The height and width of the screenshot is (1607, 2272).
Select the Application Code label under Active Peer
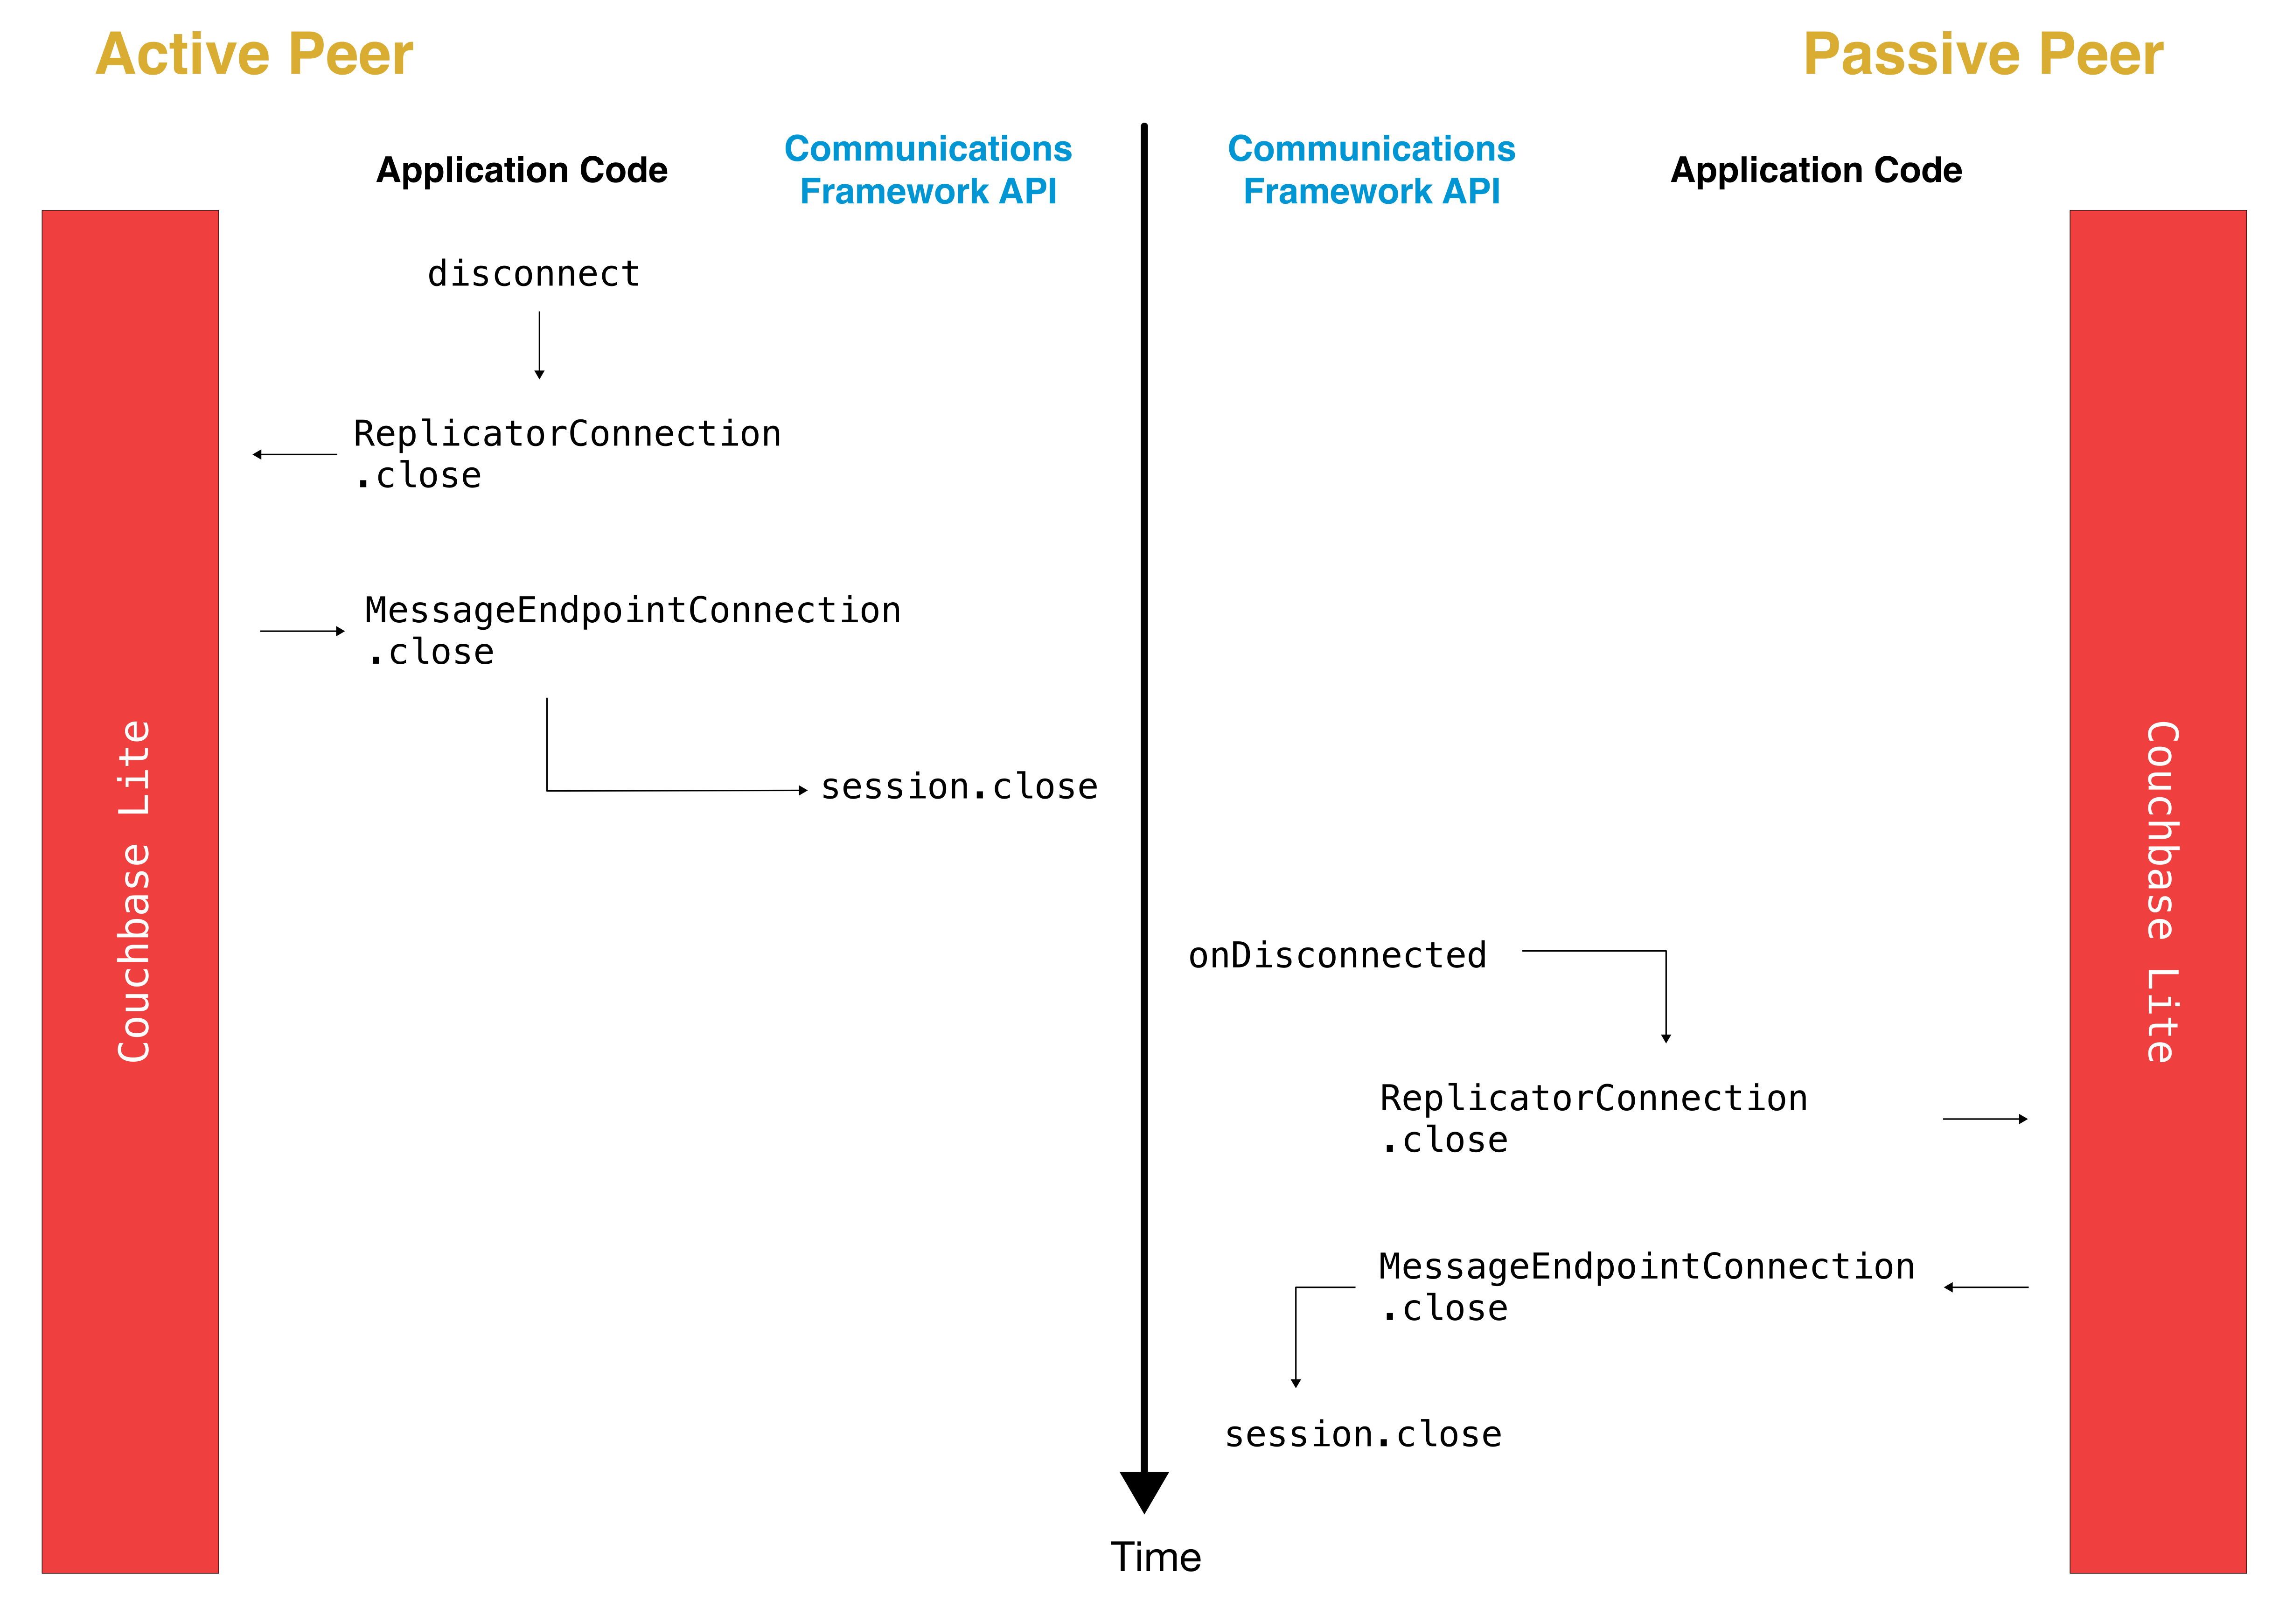click(522, 170)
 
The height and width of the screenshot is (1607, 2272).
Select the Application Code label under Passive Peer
click(1816, 170)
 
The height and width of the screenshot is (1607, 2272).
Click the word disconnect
click(533, 273)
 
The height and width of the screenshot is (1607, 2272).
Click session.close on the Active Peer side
click(959, 786)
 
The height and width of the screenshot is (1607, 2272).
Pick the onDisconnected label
click(1337, 955)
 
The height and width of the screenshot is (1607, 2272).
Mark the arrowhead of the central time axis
click(1144, 1490)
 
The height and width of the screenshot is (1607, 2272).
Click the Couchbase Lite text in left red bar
click(133, 890)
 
